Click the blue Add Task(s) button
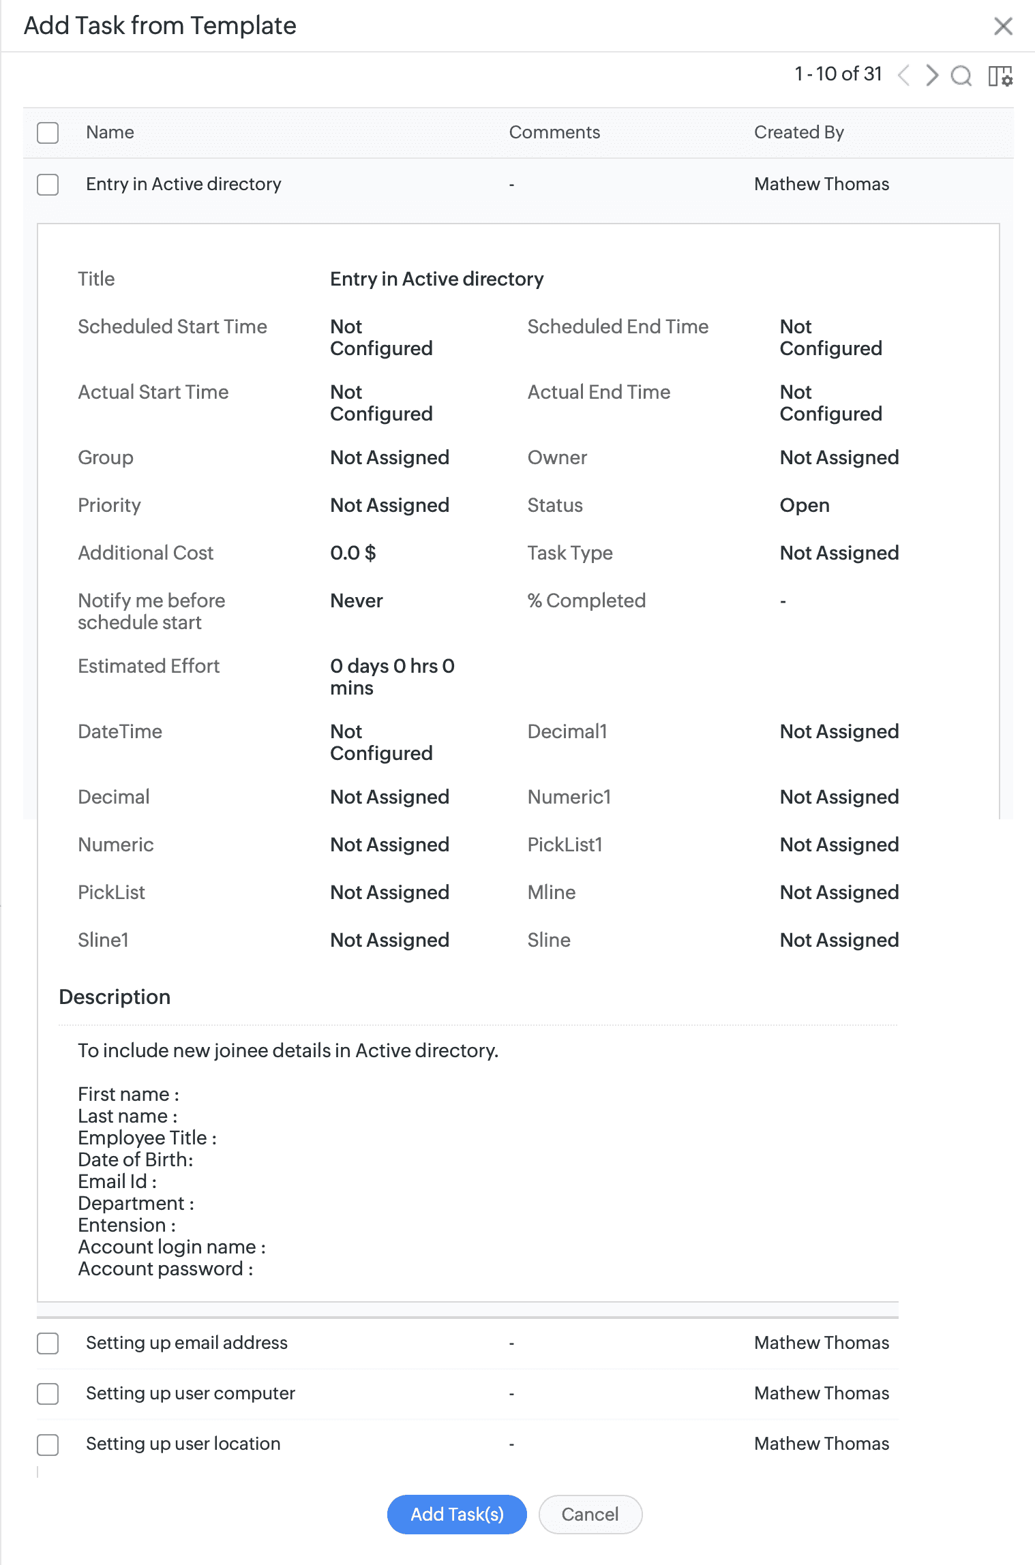[x=457, y=1514]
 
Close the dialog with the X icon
[x=1003, y=27]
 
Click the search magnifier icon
[x=961, y=76]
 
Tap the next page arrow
[x=932, y=75]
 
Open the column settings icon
[x=1000, y=76]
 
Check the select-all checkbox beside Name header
[x=48, y=133]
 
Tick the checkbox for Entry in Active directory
[x=48, y=185]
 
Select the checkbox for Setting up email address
[x=48, y=1343]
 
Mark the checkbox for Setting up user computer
[x=48, y=1394]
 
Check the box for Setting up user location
[x=48, y=1444]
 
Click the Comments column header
[x=554, y=132]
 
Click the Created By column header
[x=798, y=132]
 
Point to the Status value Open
[x=805, y=506]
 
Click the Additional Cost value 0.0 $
[x=353, y=553]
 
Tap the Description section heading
[x=115, y=997]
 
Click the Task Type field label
[x=570, y=553]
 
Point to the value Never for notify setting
[x=357, y=601]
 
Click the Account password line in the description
[x=166, y=1269]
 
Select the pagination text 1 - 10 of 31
[x=838, y=74]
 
